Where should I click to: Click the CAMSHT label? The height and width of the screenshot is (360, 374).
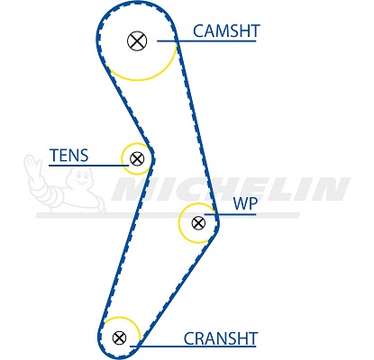click(x=226, y=31)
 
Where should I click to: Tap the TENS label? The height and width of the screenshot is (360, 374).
click(x=69, y=155)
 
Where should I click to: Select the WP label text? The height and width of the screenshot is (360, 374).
click(x=245, y=204)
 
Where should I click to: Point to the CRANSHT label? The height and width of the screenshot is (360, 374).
click(x=221, y=338)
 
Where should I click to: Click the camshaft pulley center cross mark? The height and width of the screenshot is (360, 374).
click(x=137, y=40)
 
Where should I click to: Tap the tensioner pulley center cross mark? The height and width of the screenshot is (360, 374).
click(x=137, y=158)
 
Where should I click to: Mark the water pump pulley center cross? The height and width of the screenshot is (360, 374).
click(x=198, y=223)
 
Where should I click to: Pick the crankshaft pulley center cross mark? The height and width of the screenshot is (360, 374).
click(x=119, y=337)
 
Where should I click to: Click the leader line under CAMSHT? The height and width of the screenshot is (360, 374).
click(x=206, y=40)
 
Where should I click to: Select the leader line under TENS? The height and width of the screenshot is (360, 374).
click(x=89, y=166)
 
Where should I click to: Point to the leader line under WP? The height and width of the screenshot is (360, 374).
click(x=230, y=214)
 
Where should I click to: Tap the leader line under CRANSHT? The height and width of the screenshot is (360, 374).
click(x=193, y=346)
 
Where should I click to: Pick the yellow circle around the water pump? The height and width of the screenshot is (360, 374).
click(x=179, y=223)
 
